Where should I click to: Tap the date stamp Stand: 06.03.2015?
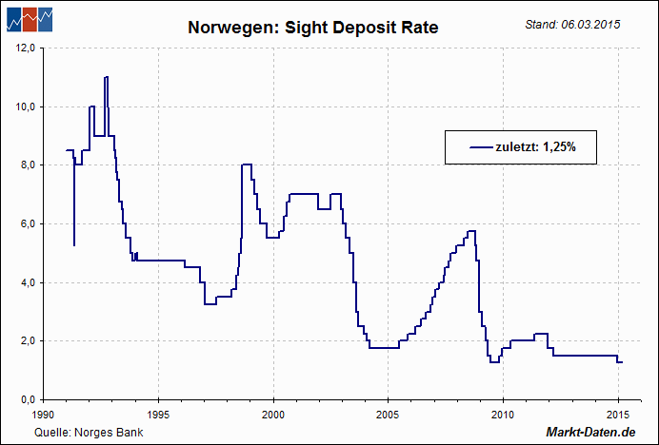[x=572, y=24]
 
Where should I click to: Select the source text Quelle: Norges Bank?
[x=83, y=433]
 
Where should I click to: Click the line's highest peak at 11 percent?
[x=107, y=77]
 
